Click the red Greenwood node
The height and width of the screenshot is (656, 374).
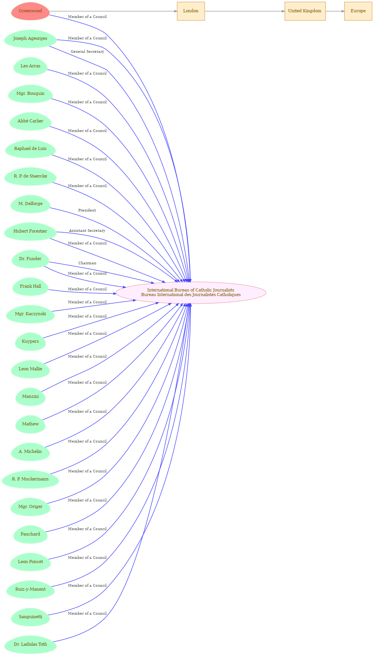[x=30, y=11]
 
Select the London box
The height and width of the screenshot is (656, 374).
[x=191, y=11]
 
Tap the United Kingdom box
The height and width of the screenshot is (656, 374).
[x=305, y=11]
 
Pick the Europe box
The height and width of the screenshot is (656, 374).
[x=358, y=11]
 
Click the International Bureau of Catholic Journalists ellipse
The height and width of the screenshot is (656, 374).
[x=191, y=293]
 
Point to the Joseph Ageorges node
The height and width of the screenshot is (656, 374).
[x=30, y=39]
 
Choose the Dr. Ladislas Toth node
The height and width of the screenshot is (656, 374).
[x=30, y=645]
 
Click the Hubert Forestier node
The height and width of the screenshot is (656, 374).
[x=30, y=231]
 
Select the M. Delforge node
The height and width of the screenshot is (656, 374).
[x=30, y=204]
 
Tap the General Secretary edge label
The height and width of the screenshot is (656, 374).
[x=87, y=52]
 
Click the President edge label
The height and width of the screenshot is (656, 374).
[x=87, y=210]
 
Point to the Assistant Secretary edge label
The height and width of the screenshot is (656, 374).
[x=87, y=231]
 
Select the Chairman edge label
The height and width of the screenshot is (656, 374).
[x=87, y=263]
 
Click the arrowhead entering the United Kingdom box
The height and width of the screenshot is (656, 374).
[x=283, y=11]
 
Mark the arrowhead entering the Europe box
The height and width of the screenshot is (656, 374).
[x=342, y=11]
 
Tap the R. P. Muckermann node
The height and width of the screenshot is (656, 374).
[x=30, y=479]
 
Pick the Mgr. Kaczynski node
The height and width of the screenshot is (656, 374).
[x=30, y=314]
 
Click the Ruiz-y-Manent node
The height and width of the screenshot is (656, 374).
[x=30, y=589]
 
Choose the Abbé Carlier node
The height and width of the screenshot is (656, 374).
[x=30, y=121]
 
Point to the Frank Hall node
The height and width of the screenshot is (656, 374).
[x=30, y=286]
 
